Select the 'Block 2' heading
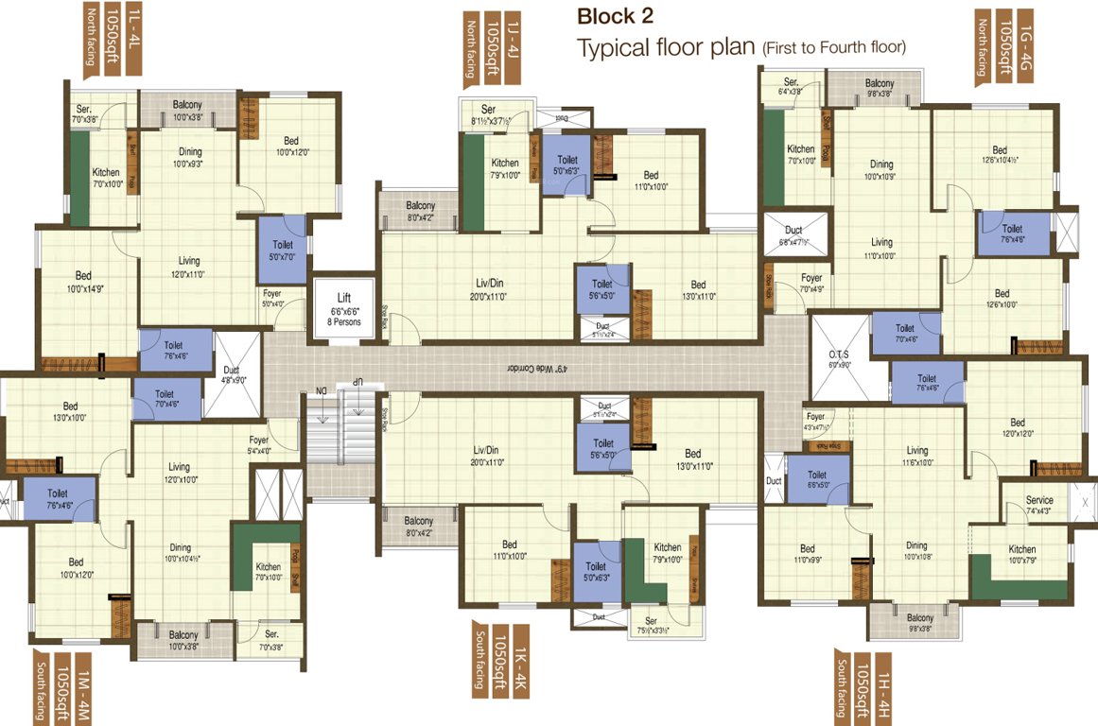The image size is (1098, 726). coord(615,16)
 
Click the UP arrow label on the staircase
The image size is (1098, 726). coord(358,380)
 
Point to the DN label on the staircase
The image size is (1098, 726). coord(321,389)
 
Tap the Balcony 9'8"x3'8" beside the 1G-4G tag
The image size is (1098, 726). coord(880,89)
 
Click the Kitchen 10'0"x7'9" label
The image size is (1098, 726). coord(1021,555)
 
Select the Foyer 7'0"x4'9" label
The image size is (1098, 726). coord(811,284)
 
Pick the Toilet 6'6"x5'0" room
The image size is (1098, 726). coord(816,480)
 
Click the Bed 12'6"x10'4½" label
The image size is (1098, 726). coord(1000,155)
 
